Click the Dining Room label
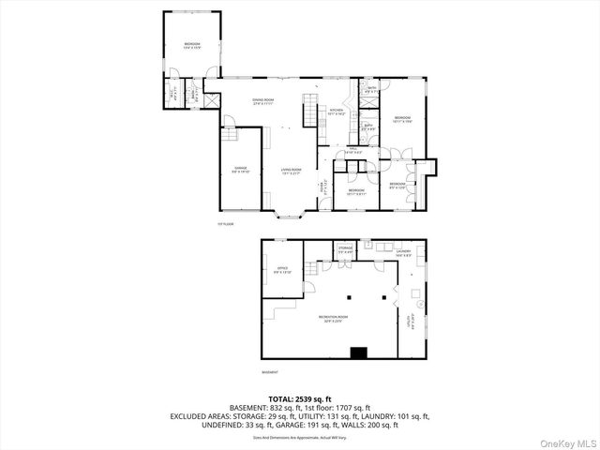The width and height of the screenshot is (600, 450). pos(262,102)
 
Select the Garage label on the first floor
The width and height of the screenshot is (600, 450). pos(241,171)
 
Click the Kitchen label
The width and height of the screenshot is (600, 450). pos(337,112)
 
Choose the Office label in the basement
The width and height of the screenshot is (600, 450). pos(282,270)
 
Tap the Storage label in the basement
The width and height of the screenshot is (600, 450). pos(346,250)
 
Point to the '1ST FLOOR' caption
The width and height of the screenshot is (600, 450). pos(224,224)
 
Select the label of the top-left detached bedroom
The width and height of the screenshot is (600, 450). pos(192,45)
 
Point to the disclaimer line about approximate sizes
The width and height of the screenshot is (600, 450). pos(299,436)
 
